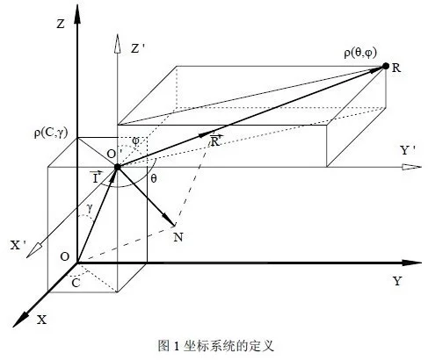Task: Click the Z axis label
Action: [61, 24]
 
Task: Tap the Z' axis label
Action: [138, 48]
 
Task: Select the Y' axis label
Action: [408, 150]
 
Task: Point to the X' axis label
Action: [19, 245]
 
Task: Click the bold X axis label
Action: [42, 320]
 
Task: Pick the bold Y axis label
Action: [397, 281]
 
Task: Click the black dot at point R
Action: [386, 67]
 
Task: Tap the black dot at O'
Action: [118, 167]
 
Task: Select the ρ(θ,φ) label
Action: [360, 54]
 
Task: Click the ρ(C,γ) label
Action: [51, 133]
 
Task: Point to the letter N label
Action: [178, 237]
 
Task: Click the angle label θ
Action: [154, 178]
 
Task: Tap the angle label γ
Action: [90, 208]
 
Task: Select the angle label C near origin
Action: [76, 283]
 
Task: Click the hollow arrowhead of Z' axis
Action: [117, 44]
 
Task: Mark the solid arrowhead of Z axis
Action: [77, 14]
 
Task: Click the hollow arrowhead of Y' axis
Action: [411, 167]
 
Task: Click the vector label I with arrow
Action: [96, 176]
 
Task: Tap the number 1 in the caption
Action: [177, 346]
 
